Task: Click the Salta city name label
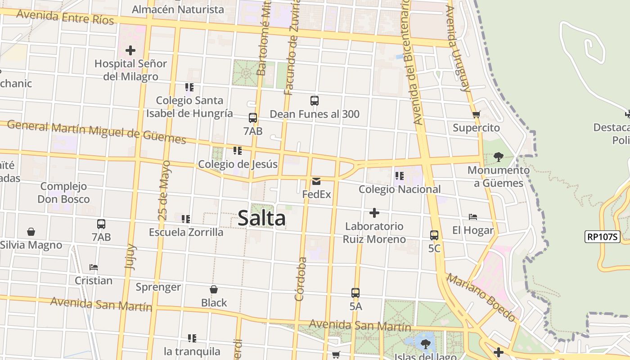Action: pyautogui.click(x=261, y=218)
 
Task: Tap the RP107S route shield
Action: pyautogui.click(x=602, y=237)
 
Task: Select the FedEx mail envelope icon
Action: pyautogui.click(x=316, y=181)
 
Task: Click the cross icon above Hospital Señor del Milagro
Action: pyautogui.click(x=130, y=50)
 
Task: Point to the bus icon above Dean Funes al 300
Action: pyautogui.click(x=315, y=101)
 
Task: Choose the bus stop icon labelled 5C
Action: pyautogui.click(x=434, y=235)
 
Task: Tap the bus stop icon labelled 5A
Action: pyautogui.click(x=355, y=293)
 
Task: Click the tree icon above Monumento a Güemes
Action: pyautogui.click(x=498, y=157)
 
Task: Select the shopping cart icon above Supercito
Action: pyautogui.click(x=477, y=114)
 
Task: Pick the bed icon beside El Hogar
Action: pyautogui.click(x=473, y=217)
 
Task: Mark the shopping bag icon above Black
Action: pyautogui.click(x=214, y=289)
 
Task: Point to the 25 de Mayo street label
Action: pyautogui.click(x=165, y=190)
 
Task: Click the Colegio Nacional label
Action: pyautogui.click(x=400, y=189)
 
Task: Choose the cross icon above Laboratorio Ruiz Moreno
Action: pyautogui.click(x=374, y=212)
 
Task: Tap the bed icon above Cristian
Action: pyautogui.click(x=94, y=267)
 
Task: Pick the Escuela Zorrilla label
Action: pyautogui.click(x=186, y=232)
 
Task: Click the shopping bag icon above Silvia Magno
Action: pyautogui.click(x=31, y=232)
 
